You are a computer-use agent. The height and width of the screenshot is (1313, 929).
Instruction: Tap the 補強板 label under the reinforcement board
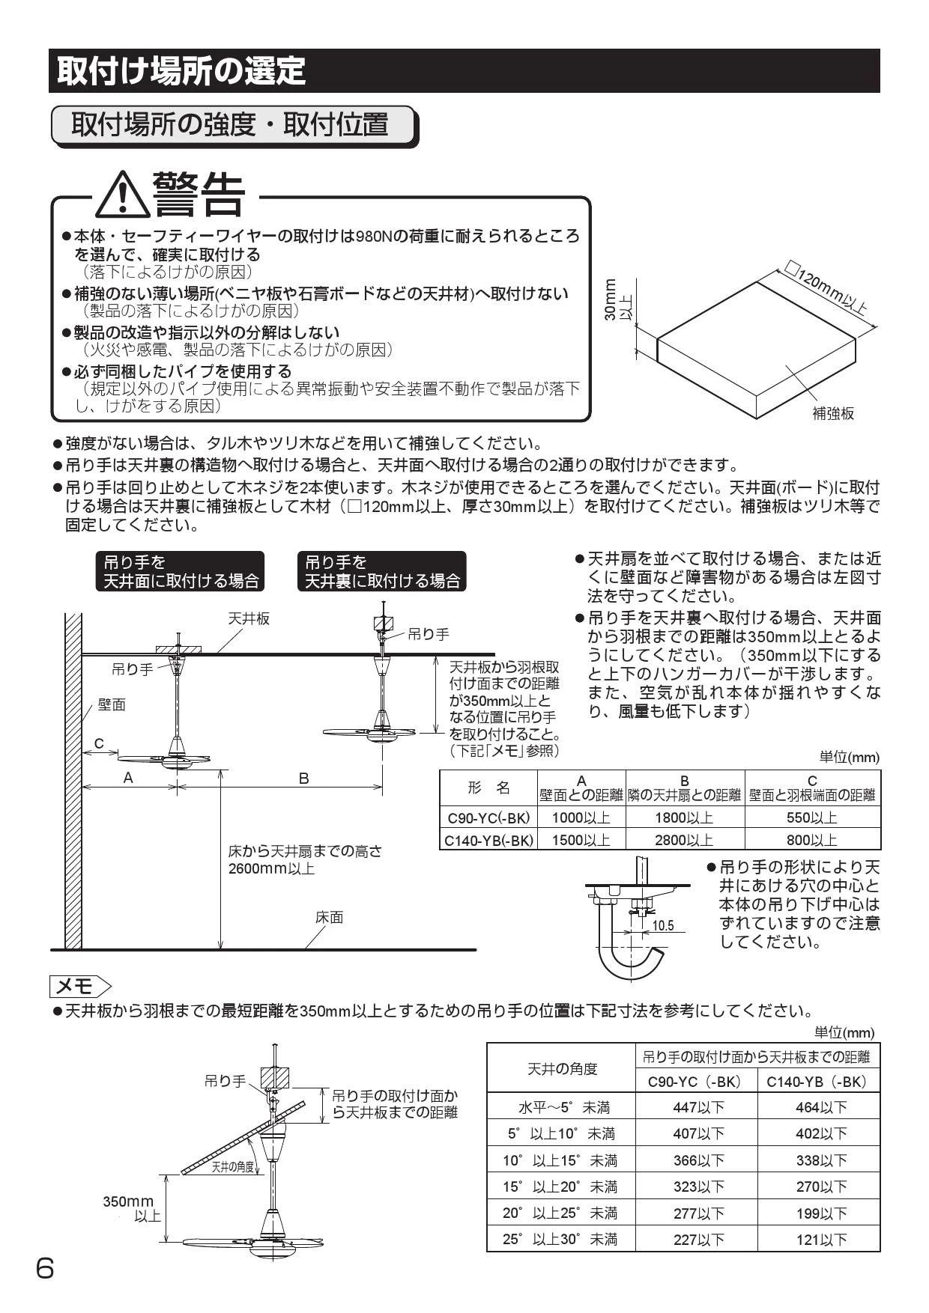(833, 413)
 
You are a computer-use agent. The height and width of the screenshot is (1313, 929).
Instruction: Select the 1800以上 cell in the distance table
(684, 817)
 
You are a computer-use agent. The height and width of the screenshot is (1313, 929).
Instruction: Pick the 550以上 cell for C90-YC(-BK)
(812, 817)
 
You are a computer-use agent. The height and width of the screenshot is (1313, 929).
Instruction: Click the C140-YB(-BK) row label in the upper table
(488, 839)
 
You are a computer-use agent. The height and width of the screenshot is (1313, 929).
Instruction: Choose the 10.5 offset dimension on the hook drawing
(662, 925)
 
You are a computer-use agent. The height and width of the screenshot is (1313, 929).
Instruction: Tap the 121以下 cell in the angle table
(821, 1240)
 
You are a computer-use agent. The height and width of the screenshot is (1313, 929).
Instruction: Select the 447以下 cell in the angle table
(698, 1107)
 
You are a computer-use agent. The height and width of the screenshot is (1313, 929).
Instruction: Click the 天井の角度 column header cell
(562, 1068)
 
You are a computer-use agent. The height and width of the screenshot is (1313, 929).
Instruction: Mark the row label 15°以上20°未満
(560, 1186)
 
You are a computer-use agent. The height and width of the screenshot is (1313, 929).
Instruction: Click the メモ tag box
(80, 984)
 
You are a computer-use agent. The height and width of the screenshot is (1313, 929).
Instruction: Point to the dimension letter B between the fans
(303, 779)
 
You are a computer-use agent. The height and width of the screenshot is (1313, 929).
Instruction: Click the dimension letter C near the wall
(98, 743)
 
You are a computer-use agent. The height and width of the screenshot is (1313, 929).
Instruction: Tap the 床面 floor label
(329, 917)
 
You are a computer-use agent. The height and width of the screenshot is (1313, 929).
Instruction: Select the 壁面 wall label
(112, 704)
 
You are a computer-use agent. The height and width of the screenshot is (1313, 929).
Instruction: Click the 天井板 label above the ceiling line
(249, 618)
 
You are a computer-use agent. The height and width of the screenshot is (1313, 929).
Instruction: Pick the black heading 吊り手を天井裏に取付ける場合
(381, 571)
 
